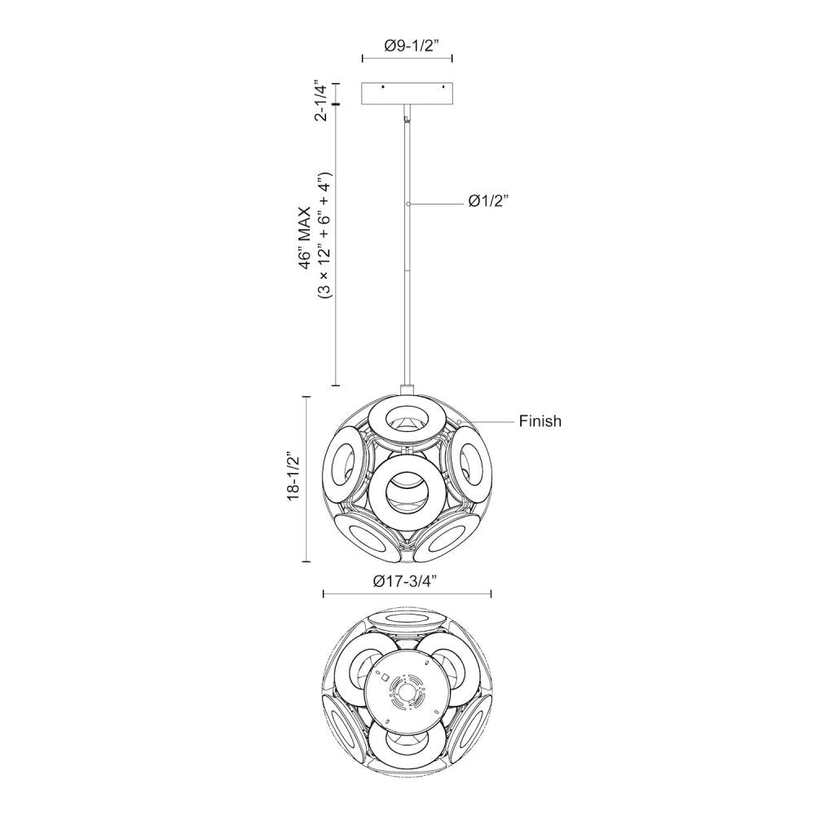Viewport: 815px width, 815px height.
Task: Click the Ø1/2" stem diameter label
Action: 487,201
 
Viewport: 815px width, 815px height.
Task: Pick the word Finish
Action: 540,421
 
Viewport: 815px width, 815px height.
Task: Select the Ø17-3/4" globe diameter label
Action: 403,581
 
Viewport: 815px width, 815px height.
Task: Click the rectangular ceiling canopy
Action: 407,93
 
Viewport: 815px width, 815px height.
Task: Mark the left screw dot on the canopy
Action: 382,87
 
